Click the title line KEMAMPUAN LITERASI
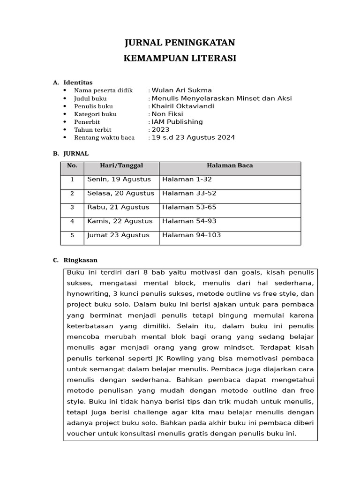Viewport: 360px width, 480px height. [x=180, y=59]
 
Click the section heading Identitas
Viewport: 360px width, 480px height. [x=78, y=82]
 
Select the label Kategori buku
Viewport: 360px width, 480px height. [x=95, y=114]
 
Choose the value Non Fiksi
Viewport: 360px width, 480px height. [x=167, y=114]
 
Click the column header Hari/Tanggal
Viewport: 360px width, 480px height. [x=121, y=165]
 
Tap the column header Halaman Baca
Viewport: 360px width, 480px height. [x=230, y=165]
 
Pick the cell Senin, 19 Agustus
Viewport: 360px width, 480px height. [x=119, y=180]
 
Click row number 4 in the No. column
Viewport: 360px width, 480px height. [x=72, y=221]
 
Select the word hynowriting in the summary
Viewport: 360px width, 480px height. [x=87, y=293]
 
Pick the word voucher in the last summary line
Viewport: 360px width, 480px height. [x=81, y=434]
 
